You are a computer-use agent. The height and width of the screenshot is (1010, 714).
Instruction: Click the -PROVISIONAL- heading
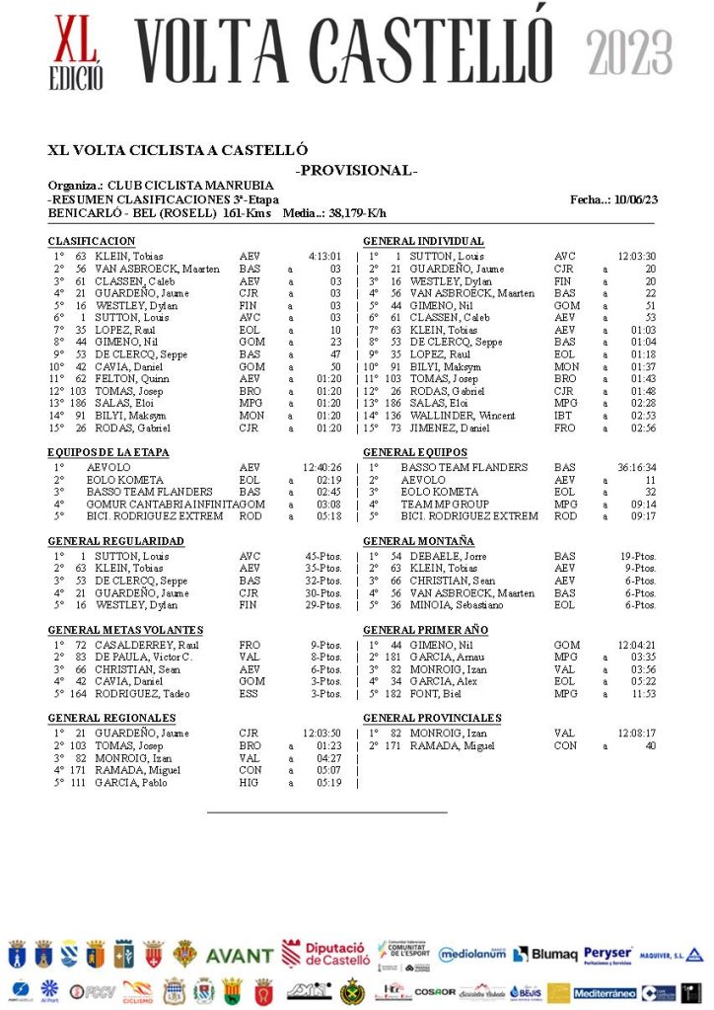pyautogui.click(x=356, y=171)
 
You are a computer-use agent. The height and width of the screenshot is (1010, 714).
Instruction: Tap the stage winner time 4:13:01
pyautogui.click(x=324, y=257)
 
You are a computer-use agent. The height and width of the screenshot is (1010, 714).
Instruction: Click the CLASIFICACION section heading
pyautogui.click(x=92, y=242)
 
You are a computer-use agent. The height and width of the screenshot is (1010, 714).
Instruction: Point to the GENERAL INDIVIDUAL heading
pyautogui.click(x=423, y=242)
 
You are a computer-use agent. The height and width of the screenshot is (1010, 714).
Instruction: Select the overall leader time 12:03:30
pyautogui.click(x=637, y=257)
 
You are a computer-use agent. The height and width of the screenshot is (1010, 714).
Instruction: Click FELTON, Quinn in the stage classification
pyautogui.click(x=125, y=379)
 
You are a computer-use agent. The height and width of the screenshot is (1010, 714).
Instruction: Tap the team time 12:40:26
pyautogui.click(x=323, y=468)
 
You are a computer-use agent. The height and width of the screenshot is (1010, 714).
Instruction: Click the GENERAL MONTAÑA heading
pyautogui.click(x=418, y=542)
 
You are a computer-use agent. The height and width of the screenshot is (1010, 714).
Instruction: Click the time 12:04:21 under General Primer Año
pyautogui.click(x=636, y=646)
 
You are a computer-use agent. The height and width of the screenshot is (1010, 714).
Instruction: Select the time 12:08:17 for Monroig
pyautogui.click(x=636, y=734)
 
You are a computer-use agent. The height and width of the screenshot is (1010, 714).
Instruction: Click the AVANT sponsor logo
pyautogui.click(x=240, y=956)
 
